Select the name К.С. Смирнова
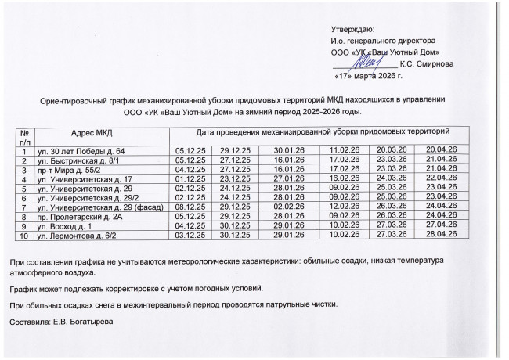click(426, 63)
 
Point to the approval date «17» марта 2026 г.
click(367, 77)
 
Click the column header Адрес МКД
click(92, 133)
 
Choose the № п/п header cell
click(25, 137)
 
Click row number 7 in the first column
click(25, 206)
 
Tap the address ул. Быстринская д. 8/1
click(78, 159)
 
